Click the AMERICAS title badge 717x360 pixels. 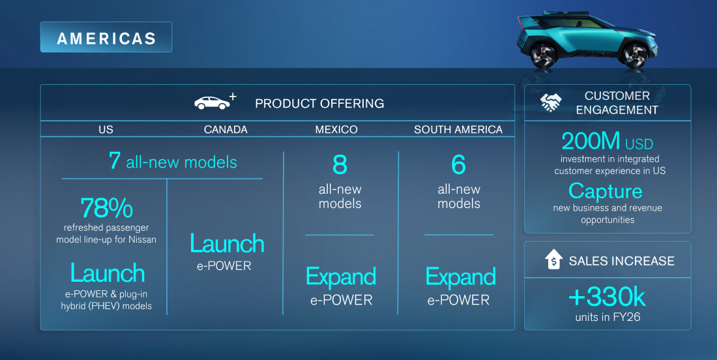[x=106, y=37]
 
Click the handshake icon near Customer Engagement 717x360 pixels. [x=551, y=102]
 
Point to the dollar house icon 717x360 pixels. [x=554, y=260]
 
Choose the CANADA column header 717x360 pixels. [x=226, y=129]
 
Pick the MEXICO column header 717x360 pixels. [x=336, y=129]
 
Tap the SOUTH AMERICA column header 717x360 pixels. [x=458, y=129]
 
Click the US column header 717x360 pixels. [x=106, y=129]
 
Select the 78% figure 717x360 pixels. [x=106, y=208]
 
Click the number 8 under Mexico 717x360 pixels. [x=340, y=165]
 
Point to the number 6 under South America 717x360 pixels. [x=459, y=165]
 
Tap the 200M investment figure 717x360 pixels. [x=591, y=141]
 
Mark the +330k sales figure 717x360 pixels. [x=607, y=297]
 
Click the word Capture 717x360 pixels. [x=606, y=192]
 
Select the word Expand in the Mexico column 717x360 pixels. [x=341, y=277]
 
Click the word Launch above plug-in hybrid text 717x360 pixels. [x=108, y=273]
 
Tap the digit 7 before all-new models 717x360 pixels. [x=115, y=161]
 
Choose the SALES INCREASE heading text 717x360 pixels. [x=621, y=261]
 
